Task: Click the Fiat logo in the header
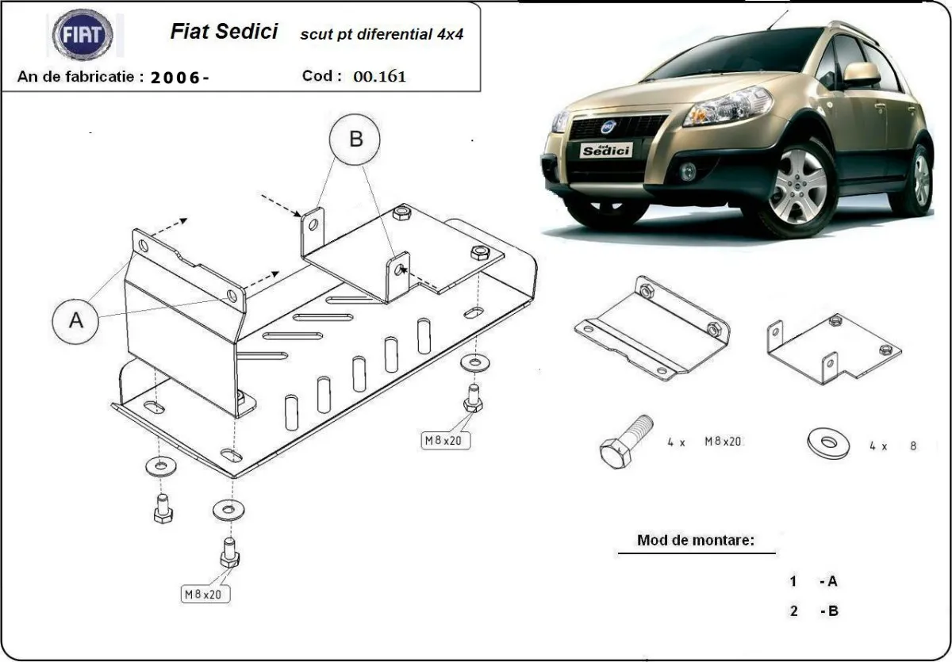pyautogui.click(x=83, y=36)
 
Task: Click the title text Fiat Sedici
pyautogui.click(x=224, y=32)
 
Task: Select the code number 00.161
pyautogui.click(x=379, y=77)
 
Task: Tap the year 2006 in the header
pyautogui.click(x=179, y=78)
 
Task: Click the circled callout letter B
pyautogui.click(x=355, y=140)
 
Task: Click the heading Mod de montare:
pyautogui.click(x=695, y=541)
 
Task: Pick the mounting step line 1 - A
pyautogui.click(x=813, y=581)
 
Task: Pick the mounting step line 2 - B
pyautogui.click(x=813, y=610)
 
